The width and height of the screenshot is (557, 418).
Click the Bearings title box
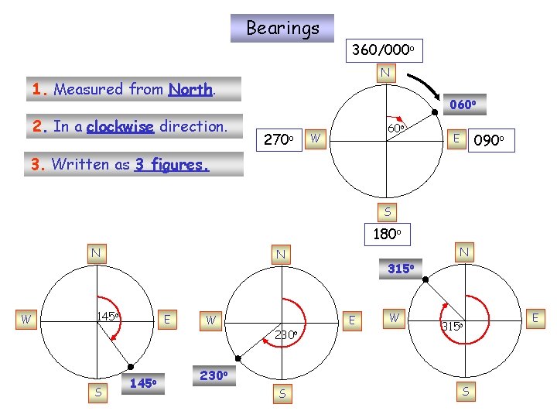282,29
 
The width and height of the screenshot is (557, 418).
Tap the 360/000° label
384,50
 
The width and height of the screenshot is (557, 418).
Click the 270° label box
276,141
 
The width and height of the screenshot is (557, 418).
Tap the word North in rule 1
190,89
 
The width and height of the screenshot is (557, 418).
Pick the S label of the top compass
387,211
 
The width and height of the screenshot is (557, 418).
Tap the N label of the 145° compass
96,252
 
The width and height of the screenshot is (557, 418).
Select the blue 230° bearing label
213,375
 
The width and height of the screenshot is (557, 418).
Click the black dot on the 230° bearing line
239,358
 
